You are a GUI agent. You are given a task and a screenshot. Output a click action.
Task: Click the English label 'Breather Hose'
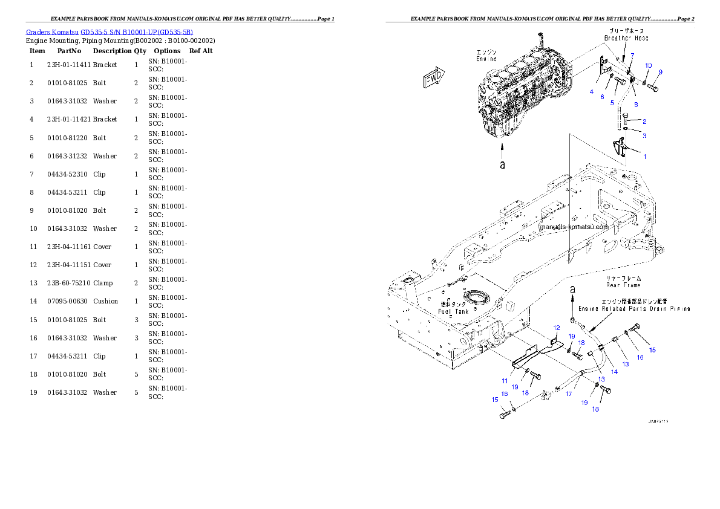[x=626, y=38]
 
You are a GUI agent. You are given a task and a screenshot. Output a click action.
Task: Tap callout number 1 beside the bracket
[x=644, y=157]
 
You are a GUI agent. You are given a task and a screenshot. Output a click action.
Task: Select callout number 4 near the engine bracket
[x=592, y=91]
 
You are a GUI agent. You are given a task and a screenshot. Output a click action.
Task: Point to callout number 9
[x=660, y=72]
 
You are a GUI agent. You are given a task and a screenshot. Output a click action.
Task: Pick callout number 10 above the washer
[x=648, y=65]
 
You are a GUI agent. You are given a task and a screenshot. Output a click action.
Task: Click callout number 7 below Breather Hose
[x=632, y=56]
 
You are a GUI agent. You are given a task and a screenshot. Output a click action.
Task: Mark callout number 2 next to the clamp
[x=644, y=122]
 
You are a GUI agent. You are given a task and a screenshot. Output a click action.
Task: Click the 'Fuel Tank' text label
[x=453, y=311]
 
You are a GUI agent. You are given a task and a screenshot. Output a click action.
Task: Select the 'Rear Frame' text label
[x=623, y=285]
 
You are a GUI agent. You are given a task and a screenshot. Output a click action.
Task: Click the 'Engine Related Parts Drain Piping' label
[x=634, y=308]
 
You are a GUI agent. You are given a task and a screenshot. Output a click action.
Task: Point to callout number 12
[x=557, y=328]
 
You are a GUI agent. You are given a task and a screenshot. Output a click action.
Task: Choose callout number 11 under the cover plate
[x=504, y=381]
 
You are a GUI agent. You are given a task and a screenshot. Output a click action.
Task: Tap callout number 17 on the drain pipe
[x=569, y=394]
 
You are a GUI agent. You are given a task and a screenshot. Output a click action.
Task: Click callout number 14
[x=614, y=372]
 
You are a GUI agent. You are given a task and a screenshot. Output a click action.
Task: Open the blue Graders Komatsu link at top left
[x=110, y=32]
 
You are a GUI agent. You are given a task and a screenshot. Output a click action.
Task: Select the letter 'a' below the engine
[x=502, y=164]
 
